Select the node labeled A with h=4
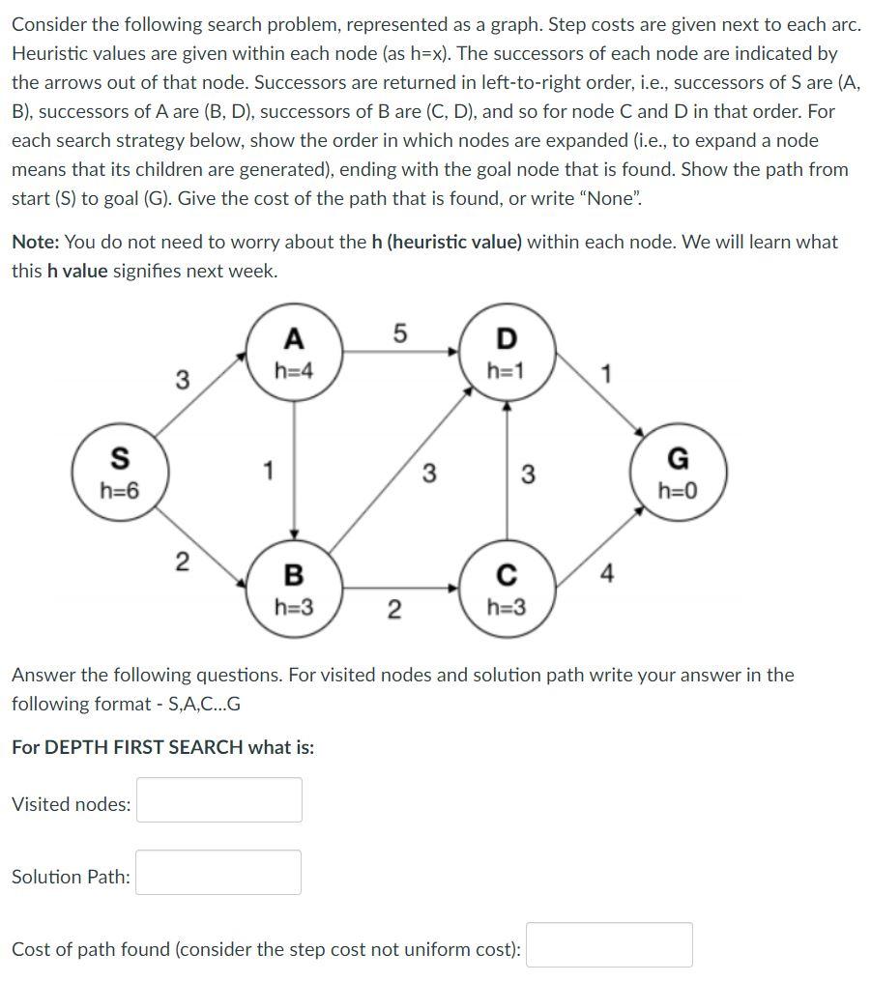pos(294,351)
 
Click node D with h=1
pos(506,351)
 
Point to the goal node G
pos(678,473)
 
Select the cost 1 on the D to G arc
pos(605,374)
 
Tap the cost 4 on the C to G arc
pos(606,574)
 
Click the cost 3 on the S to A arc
pos(182,380)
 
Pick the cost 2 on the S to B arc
pos(181,563)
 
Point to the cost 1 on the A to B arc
pos(269,471)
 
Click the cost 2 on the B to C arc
pos(392,609)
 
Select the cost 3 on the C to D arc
pos(528,474)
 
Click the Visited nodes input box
pos(218,800)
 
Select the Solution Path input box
pos(218,873)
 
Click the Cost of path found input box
pos(609,945)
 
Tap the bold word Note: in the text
pos(36,242)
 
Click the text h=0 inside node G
pos(677,490)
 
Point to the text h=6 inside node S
pos(120,491)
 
